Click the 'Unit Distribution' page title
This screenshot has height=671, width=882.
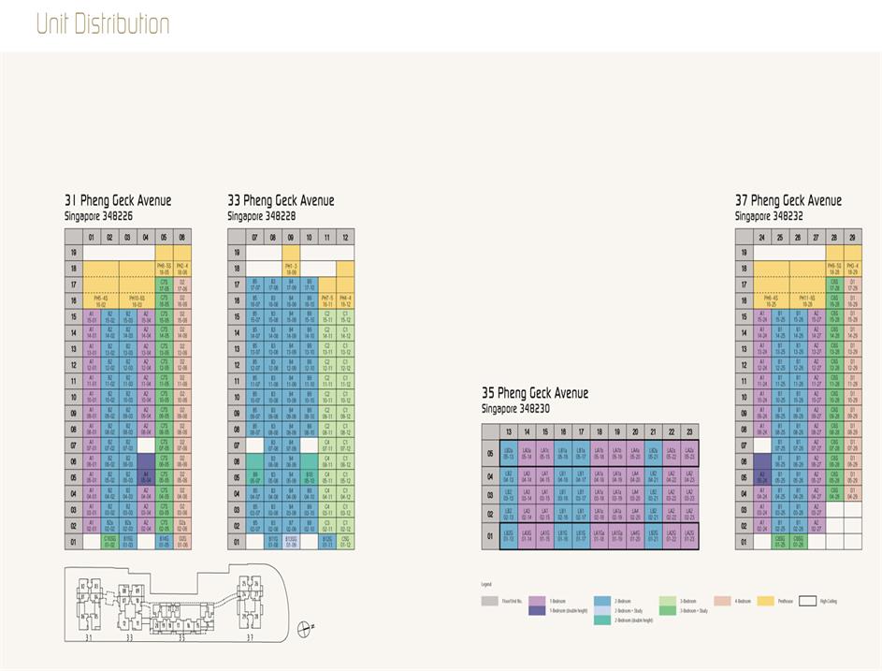pyautogui.click(x=103, y=24)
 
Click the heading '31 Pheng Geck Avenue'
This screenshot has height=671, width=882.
pyautogui.click(x=118, y=200)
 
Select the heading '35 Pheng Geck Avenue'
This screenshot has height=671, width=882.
pyautogui.click(x=534, y=393)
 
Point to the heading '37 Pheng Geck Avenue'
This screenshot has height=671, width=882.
pyautogui.click(x=788, y=200)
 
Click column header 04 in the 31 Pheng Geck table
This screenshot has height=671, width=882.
pyautogui.click(x=146, y=237)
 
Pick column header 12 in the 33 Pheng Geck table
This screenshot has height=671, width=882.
pyautogui.click(x=345, y=237)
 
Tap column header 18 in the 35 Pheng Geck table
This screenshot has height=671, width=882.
pyautogui.click(x=581, y=431)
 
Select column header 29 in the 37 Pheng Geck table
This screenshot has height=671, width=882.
pyautogui.click(x=852, y=237)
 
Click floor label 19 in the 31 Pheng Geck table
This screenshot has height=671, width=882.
pyautogui.click(x=73, y=253)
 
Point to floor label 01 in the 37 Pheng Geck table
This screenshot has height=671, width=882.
pyautogui.click(x=745, y=541)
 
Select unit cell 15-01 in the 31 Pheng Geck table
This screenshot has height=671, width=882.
pyautogui.click(x=92, y=316)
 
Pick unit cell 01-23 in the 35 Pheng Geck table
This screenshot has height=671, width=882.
pyautogui.click(x=689, y=537)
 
